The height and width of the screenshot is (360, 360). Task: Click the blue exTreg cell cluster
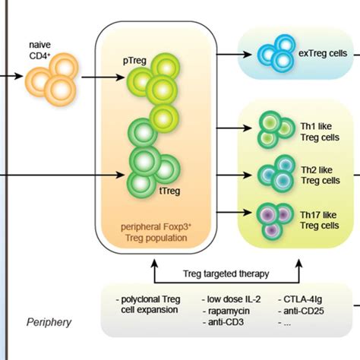274,52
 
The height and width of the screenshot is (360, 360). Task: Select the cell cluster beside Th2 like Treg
274,174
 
